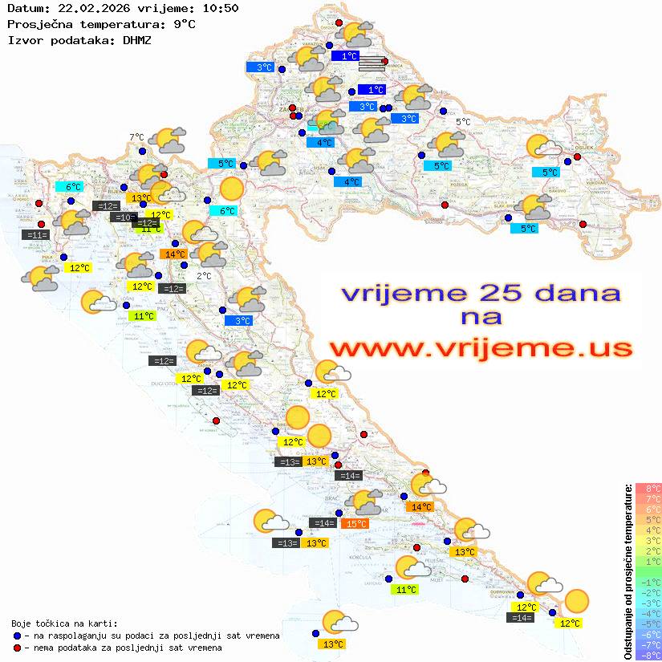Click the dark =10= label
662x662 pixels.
pyautogui.click(x=123, y=217)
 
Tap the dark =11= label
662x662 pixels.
pyautogui.click(x=37, y=235)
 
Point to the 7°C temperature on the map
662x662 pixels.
pyautogui.click(x=136, y=137)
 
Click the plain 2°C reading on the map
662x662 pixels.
pyautogui.click(x=204, y=276)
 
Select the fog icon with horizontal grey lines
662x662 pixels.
pyautogui.click(x=371, y=63)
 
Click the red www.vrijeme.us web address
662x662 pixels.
pyautogui.click(x=481, y=348)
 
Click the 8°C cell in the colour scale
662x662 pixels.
pyautogui.click(x=648, y=489)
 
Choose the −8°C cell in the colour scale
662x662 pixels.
pyautogui.click(x=648, y=656)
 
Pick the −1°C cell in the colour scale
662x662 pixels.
pyautogui.click(x=648, y=583)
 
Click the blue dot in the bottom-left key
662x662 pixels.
pyautogui.click(x=18, y=636)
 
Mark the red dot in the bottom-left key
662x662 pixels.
pyautogui.click(x=18, y=648)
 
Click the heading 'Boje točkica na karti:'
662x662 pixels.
pyautogui.click(x=63, y=623)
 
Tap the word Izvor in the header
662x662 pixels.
pyautogui.click(x=24, y=39)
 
